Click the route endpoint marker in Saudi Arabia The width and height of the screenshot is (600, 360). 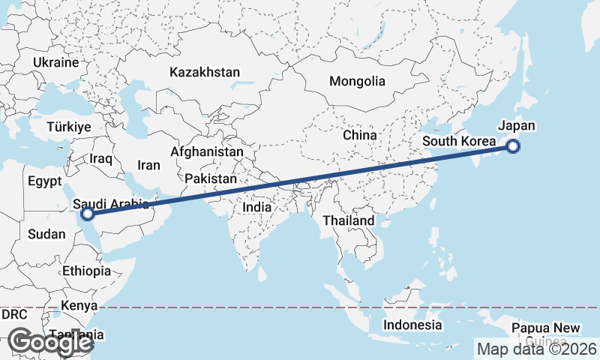88,214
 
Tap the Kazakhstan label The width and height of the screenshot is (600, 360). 205,73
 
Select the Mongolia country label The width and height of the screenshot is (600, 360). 357,81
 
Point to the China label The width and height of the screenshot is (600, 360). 358,136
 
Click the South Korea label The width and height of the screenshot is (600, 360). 458,142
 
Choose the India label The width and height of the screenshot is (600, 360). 257,207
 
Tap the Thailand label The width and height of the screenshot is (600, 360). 348,221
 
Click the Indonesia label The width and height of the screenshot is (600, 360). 412,325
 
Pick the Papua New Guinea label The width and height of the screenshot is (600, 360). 545,334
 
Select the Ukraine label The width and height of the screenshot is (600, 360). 55,62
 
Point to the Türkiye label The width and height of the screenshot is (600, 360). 68,127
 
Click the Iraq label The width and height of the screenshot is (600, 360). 100,159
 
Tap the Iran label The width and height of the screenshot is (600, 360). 148,165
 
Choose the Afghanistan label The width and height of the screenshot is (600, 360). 207,151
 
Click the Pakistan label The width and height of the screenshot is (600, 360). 211,179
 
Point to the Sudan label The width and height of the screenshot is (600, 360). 46,234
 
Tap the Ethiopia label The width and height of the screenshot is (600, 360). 87,271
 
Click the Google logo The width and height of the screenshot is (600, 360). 51,342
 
